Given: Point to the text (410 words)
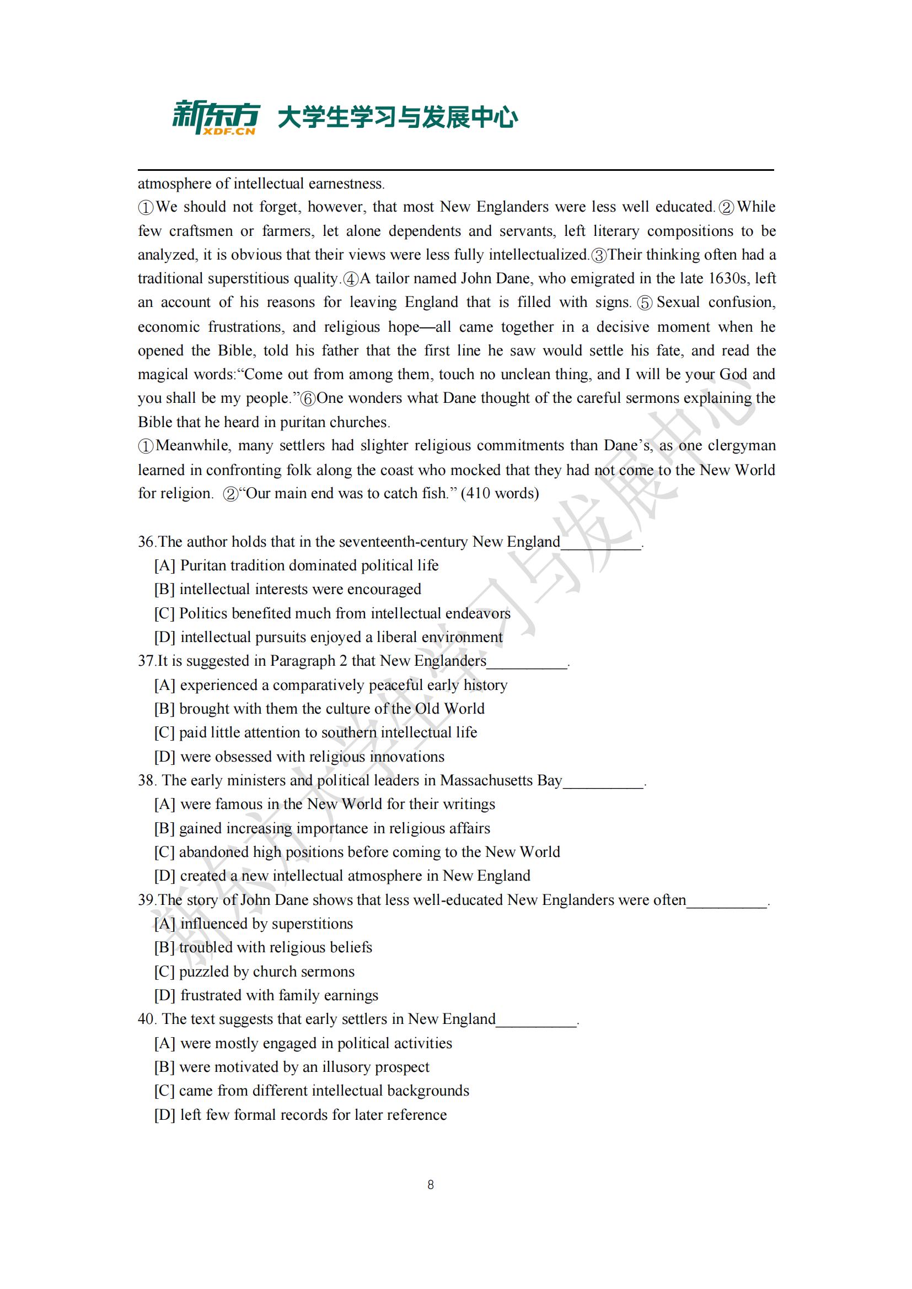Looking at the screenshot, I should [x=500, y=493].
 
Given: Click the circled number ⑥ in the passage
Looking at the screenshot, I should [x=308, y=399].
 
